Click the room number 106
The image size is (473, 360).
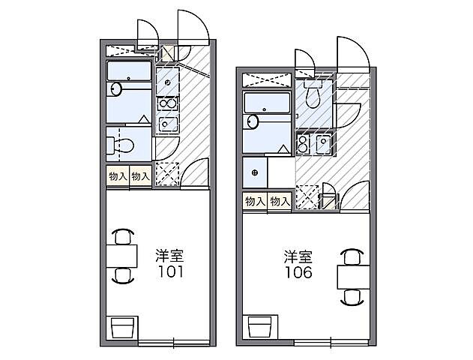(298, 271)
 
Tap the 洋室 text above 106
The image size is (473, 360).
(298, 255)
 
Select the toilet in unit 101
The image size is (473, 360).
(121, 142)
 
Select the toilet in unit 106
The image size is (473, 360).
(314, 94)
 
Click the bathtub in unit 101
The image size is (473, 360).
(130, 73)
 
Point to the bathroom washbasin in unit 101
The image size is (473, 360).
(115, 89)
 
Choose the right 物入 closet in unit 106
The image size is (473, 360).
(280, 201)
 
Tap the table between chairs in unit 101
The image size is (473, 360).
(122, 256)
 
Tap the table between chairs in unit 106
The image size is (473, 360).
(350, 276)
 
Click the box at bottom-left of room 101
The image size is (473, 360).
(122, 328)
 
